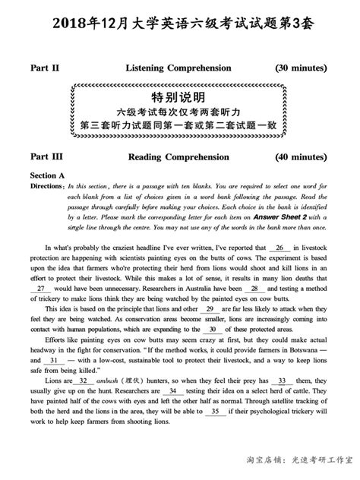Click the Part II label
[45, 68]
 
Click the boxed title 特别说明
[178, 97]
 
